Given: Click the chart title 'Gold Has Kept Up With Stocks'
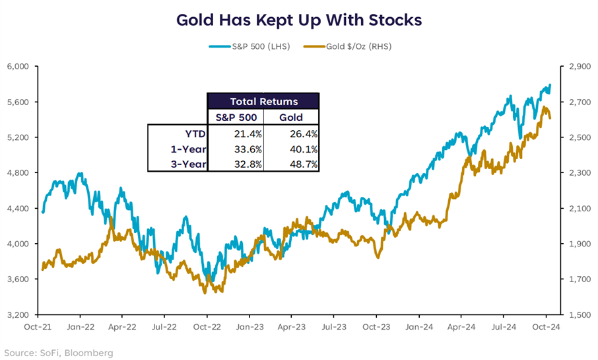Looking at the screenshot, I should [299, 20].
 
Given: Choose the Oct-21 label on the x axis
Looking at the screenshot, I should [38, 326].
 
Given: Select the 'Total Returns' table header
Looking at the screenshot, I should [263, 102].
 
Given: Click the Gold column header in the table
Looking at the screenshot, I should [291, 118].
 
